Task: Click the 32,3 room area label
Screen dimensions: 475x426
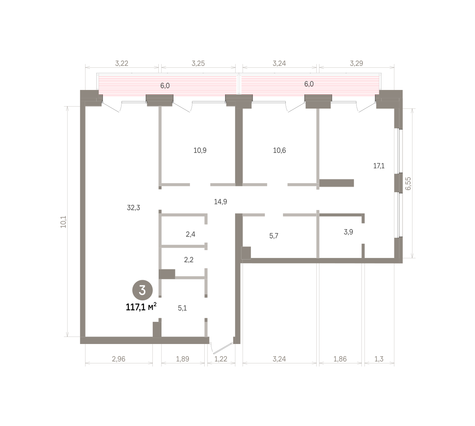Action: coord(133,208)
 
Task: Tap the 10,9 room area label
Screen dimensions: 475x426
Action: coord(200,150)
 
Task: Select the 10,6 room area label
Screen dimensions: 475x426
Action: coord(279,150)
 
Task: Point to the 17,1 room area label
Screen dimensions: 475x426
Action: coord(379,166)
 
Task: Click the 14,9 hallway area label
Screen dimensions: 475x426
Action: coord(220,202)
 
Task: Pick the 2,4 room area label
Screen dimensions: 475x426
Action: coord(190,234)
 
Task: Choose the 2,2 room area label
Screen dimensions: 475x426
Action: coord(188,260)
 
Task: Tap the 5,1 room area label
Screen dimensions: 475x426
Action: coord(182,308)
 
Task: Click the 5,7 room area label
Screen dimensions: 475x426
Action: coord(274,236)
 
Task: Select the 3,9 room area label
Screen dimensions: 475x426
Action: coord(348,232)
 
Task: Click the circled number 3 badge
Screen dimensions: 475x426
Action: coord(142,290)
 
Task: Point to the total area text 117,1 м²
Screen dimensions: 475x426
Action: coord(141,307)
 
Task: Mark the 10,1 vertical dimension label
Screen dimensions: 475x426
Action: coord(64,222)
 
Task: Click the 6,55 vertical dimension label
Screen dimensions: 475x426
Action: coord(408,183)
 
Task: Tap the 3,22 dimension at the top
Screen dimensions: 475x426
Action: coord(122,63)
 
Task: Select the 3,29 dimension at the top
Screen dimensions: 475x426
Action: coord(356,63)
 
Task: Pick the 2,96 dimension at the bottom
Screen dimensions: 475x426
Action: coord(119,359)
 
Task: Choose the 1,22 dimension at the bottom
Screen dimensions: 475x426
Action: coord(221,359)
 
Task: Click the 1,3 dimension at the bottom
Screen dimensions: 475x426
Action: coord(379,359)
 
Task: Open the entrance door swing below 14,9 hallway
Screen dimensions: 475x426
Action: coord(222,348)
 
